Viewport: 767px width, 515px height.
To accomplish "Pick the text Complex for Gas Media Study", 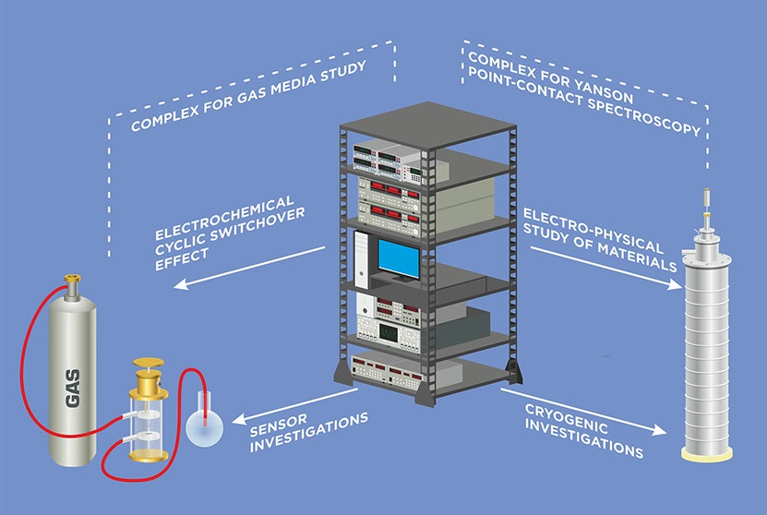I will [249, 95].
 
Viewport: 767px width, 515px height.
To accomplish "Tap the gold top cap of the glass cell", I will [148, 366].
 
